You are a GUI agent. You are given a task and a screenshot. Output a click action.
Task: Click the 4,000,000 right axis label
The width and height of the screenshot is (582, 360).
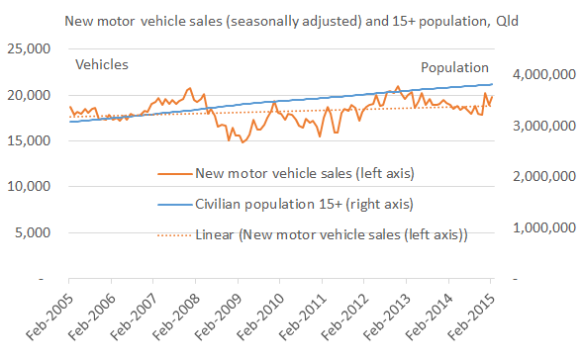(x=540, y=74)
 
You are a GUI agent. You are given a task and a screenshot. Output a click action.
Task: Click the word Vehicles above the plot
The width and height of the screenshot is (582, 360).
(x=103, y=65)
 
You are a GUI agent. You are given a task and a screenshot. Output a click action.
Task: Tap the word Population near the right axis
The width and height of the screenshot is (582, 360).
(x=454, y=67)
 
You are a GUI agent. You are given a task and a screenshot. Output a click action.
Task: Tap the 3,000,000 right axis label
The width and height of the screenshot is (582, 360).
(x=540, y=126)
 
